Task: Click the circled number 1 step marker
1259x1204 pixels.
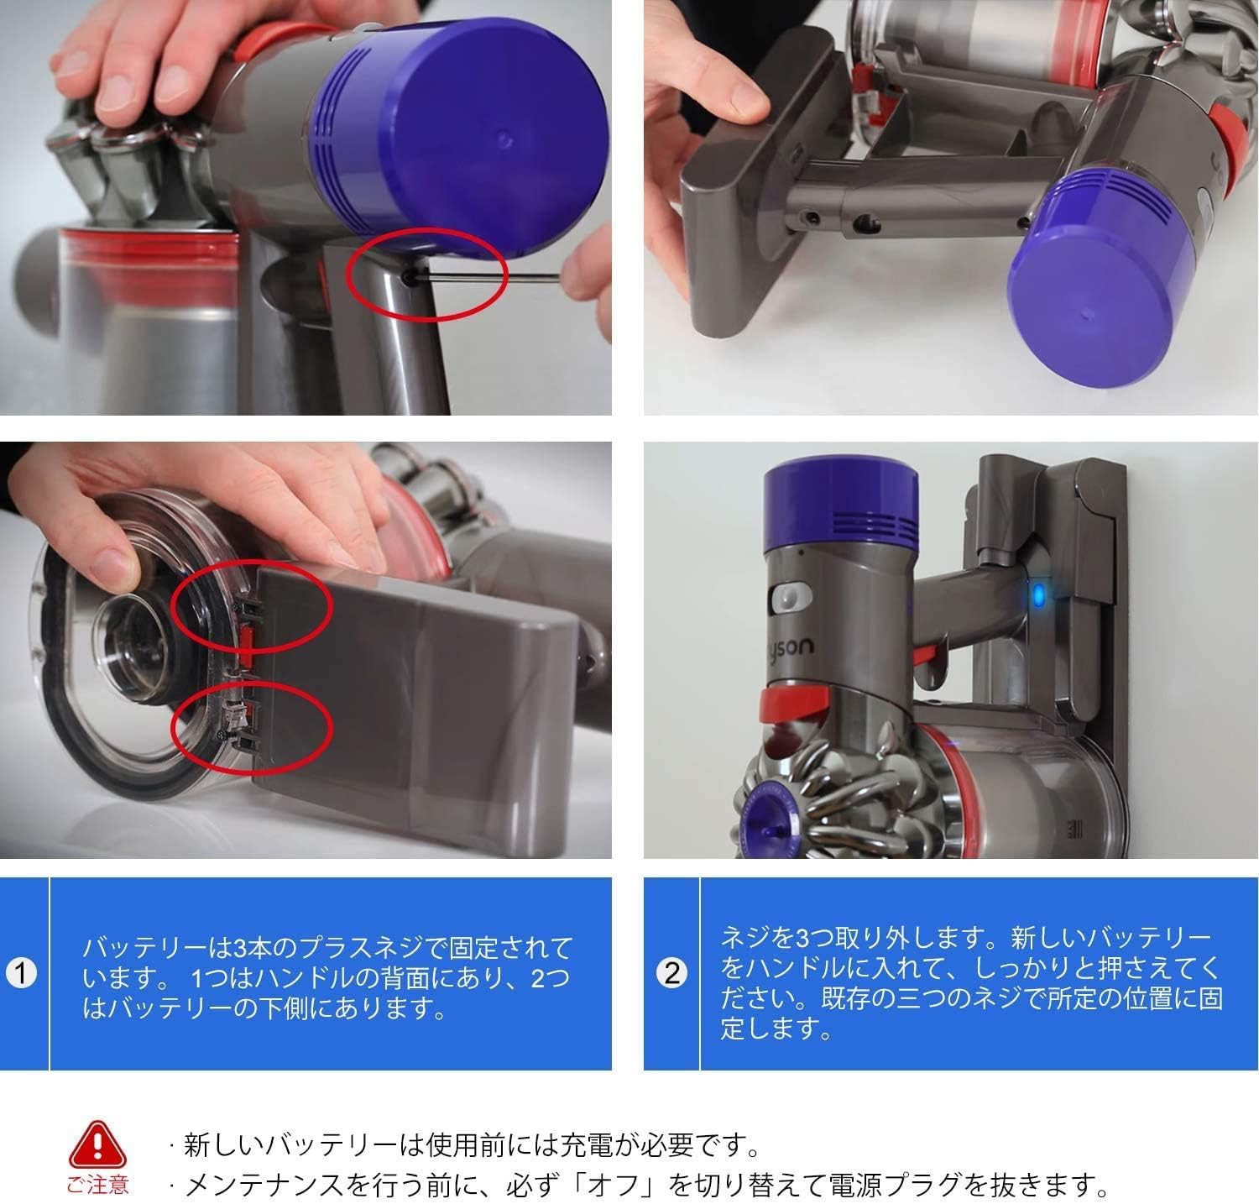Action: [x=22, y=974]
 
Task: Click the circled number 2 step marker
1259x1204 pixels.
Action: [x=671, y=974]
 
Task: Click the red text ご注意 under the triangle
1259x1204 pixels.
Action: [x=98, y=1185]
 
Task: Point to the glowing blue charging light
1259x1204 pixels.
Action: [x=1039, y=597]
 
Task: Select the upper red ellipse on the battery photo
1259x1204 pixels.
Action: [x=252, y=606]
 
